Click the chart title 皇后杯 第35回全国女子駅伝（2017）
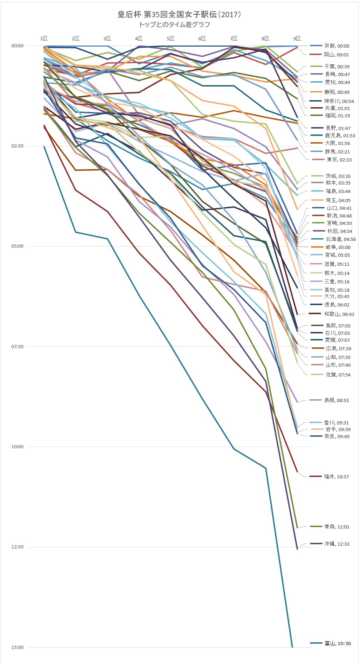tap(179, 14)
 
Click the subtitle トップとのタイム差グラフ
tap(174, 25)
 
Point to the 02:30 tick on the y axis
tap(18, 146)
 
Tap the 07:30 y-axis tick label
tap(18, 347)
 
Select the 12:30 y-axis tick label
tap(18, 547)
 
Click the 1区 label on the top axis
tap(44, 39)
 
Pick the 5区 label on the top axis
tap(171, 39)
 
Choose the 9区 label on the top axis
tap(297, 39)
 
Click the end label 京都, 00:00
tap(337, 46)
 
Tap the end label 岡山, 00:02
tap(336, 55)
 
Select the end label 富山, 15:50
tap(337, 643)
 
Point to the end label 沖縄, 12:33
tap(337, 544)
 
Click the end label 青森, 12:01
tap(337, 527)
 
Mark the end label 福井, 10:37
tap(336, 477)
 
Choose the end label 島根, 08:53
tap(336, 400)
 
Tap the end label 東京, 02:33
tap(339, 160)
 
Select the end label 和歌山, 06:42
tap(339, 314)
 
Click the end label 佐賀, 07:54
tap(338, 375)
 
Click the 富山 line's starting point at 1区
tap(44, 146)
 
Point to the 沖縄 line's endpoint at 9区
tap(297, 549)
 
